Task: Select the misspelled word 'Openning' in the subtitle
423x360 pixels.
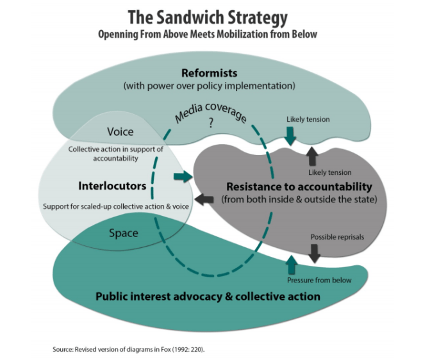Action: coord(119,34)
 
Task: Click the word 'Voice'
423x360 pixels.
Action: coord(120,131)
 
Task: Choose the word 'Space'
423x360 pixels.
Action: coord(123,233)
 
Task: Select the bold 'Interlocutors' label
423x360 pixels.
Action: coord(113,186)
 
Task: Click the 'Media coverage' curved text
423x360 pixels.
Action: coord(206,111)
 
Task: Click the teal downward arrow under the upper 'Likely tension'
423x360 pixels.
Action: coord(290,135)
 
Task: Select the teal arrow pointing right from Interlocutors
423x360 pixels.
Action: coord(183,176)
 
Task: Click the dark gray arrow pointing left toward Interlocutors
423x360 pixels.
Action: coord(204,199)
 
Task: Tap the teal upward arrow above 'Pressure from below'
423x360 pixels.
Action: coord(292,265)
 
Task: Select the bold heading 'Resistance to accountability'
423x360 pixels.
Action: coord(299,186)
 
